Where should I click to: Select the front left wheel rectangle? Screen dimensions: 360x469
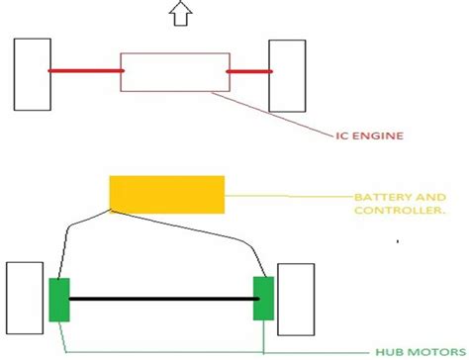[x=33, y=74]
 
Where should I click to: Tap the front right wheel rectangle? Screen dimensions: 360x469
[x=288, y=75]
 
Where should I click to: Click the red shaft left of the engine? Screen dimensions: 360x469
[x=85, y=71]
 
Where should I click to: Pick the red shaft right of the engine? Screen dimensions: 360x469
[x=248, y=71]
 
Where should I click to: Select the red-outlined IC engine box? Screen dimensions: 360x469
[x=173, y=72]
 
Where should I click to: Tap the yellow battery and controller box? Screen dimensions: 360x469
[x=166, y=193]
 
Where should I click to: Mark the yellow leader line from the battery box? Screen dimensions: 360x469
[x=287, y=195]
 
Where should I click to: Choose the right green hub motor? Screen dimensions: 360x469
[x=263, y=299]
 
